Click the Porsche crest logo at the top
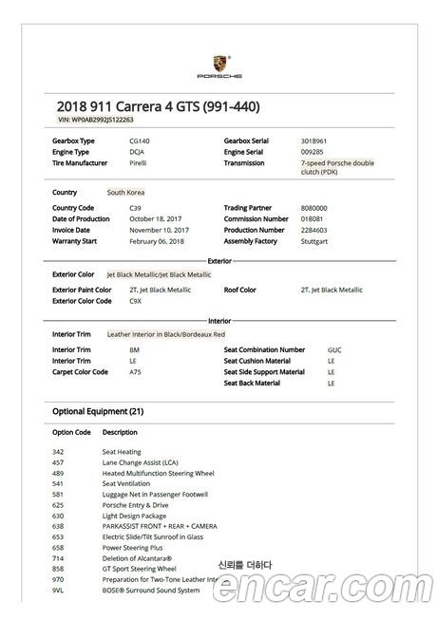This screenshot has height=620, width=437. pyautogui.click(x=219, y=62)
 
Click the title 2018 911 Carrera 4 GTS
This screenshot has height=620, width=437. pyautogui.click(x=158, y=105)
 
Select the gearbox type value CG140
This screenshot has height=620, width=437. pyautogui.click(x=140, y=141)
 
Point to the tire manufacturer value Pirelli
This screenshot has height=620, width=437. pyautogui.click(x=139, y=163)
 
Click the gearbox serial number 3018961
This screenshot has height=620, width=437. pyautogui.click(x=313, y=141)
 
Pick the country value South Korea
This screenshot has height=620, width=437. pyautogui.click(x=126, y=193)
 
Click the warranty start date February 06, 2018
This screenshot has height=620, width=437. pyautogui.click(x=159, y=241)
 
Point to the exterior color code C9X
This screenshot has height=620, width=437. pyautogui.click(x=135, y=301)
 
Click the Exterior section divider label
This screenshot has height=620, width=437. pyautogui.click(x=219, y=259)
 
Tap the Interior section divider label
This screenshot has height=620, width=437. pyautogui.click(x=219, y=320)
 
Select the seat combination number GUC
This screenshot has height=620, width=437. pyautogui.click(x=333, y=349)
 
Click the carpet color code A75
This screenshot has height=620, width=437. pyautogui.click(x=135, y=372)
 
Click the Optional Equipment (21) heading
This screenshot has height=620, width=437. pyautogui.click(x=98, y=411)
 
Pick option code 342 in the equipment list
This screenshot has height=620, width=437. pyautogui.click(x=58, y=452)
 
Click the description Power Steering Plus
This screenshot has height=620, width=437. pyautogui.click(x=133, y=547)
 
